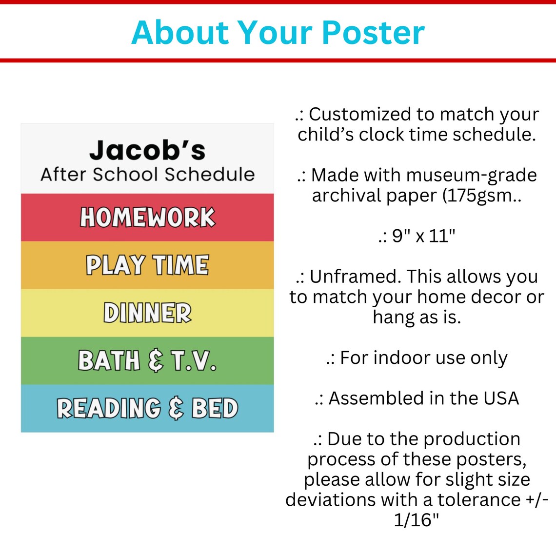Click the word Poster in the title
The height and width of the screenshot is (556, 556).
[x=373, y=33]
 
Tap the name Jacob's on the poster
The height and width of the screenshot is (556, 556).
[x=147, y=150]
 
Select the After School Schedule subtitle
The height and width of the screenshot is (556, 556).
[x=147, y=174]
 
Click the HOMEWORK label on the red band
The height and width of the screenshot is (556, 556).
[x=147, y=218]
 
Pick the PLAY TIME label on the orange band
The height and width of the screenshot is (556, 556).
[x=147, y=265]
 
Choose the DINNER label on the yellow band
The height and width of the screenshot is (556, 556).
[x=147, y=313]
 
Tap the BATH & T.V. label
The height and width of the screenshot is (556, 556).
[x=147, y=361]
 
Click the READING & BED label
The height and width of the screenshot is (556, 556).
[x=147, y=409]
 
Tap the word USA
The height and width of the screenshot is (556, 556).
[x=501, y=398]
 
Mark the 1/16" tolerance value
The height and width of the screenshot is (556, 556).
[x=417, y=520]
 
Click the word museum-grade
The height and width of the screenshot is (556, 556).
[x=471, y=175]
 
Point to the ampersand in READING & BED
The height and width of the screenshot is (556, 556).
[x=176, y=409]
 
